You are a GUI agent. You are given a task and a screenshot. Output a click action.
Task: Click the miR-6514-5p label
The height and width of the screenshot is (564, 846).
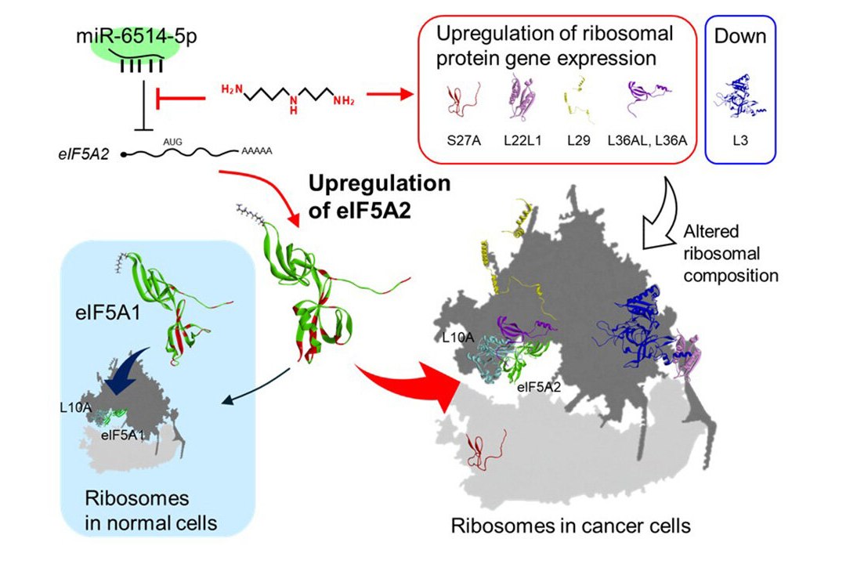point(136,36)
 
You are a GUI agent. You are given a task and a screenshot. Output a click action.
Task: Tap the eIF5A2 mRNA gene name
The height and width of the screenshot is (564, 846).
point(84,154)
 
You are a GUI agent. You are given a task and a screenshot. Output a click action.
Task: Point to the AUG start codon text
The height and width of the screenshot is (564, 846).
point(172,142)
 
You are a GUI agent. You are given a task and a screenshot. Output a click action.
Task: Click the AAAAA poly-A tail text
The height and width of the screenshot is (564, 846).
point(256,151)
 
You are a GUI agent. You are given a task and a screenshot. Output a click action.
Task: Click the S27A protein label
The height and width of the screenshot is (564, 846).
point(464,141)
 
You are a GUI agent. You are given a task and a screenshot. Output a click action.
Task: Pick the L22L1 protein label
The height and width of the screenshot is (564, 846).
point(522,141)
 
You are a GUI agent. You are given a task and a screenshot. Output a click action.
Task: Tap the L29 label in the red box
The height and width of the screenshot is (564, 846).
point(578,141)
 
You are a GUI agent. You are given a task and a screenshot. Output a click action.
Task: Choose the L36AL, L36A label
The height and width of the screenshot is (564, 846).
point(647,141)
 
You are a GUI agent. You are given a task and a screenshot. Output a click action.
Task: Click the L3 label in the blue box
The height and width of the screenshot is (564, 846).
point(740,141)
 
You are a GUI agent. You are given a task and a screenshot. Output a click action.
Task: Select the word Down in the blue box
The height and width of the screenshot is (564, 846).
point(740,36)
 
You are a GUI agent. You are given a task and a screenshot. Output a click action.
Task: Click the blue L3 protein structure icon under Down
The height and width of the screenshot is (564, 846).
point(740,97)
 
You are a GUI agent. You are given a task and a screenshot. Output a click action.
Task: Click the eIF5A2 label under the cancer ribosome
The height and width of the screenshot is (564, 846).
point(538,387)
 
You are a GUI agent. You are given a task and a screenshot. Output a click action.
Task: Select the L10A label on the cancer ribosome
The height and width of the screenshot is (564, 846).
point(457,338)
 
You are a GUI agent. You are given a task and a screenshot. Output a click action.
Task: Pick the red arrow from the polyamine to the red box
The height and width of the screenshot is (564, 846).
point(389,95)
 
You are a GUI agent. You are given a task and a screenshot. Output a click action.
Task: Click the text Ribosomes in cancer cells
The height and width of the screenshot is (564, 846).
point(571,526)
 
